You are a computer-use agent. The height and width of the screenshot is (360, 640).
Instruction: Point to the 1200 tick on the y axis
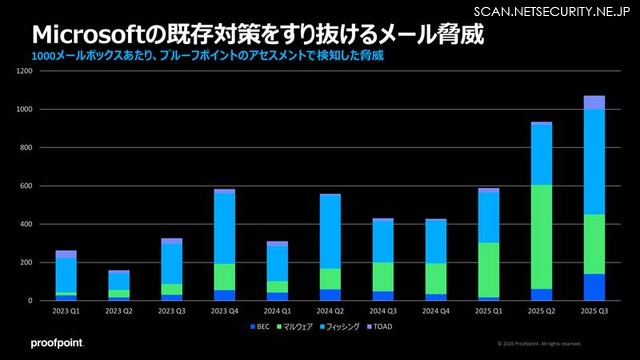click(x=25, y=71)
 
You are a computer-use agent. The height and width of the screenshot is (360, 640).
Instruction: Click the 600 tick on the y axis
click(x=26, y=186)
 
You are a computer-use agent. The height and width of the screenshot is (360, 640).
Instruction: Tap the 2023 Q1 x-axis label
click(x=66, y=311)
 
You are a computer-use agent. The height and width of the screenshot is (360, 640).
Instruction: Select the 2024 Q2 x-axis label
click(x=330, y=311)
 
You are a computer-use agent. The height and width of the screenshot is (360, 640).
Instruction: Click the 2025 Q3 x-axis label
click(x=594, y=311)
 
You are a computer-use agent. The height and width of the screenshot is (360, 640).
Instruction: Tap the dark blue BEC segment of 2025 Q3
click(x=594, y=287)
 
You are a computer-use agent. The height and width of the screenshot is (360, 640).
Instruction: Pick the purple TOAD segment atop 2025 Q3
click(x=594, y=102)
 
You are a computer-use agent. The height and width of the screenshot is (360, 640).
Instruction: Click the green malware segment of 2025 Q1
click(x=488, y=269)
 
